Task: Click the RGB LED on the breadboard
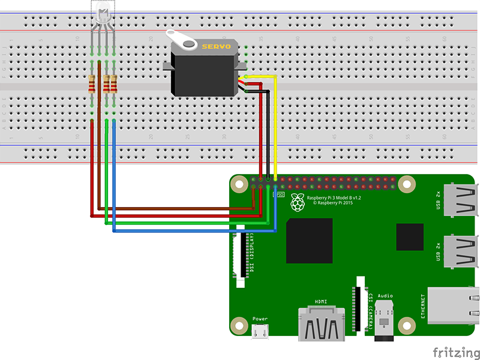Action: tap(102, 15)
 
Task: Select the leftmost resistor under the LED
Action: tap(92, 84)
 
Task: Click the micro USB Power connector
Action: tap(260, 331)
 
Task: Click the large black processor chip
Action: tap(309, 241)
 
